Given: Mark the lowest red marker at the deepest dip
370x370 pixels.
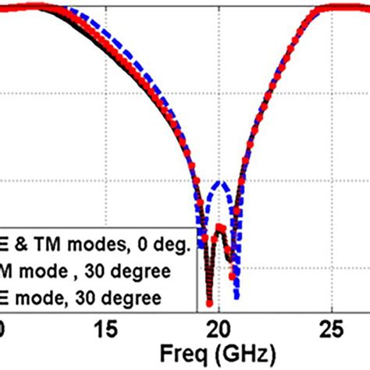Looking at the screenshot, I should (x=209, y=303).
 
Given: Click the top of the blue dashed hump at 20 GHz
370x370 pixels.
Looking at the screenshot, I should (x=222, y=183).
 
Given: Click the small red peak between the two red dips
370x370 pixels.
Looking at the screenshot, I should (x=221, y=228).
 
